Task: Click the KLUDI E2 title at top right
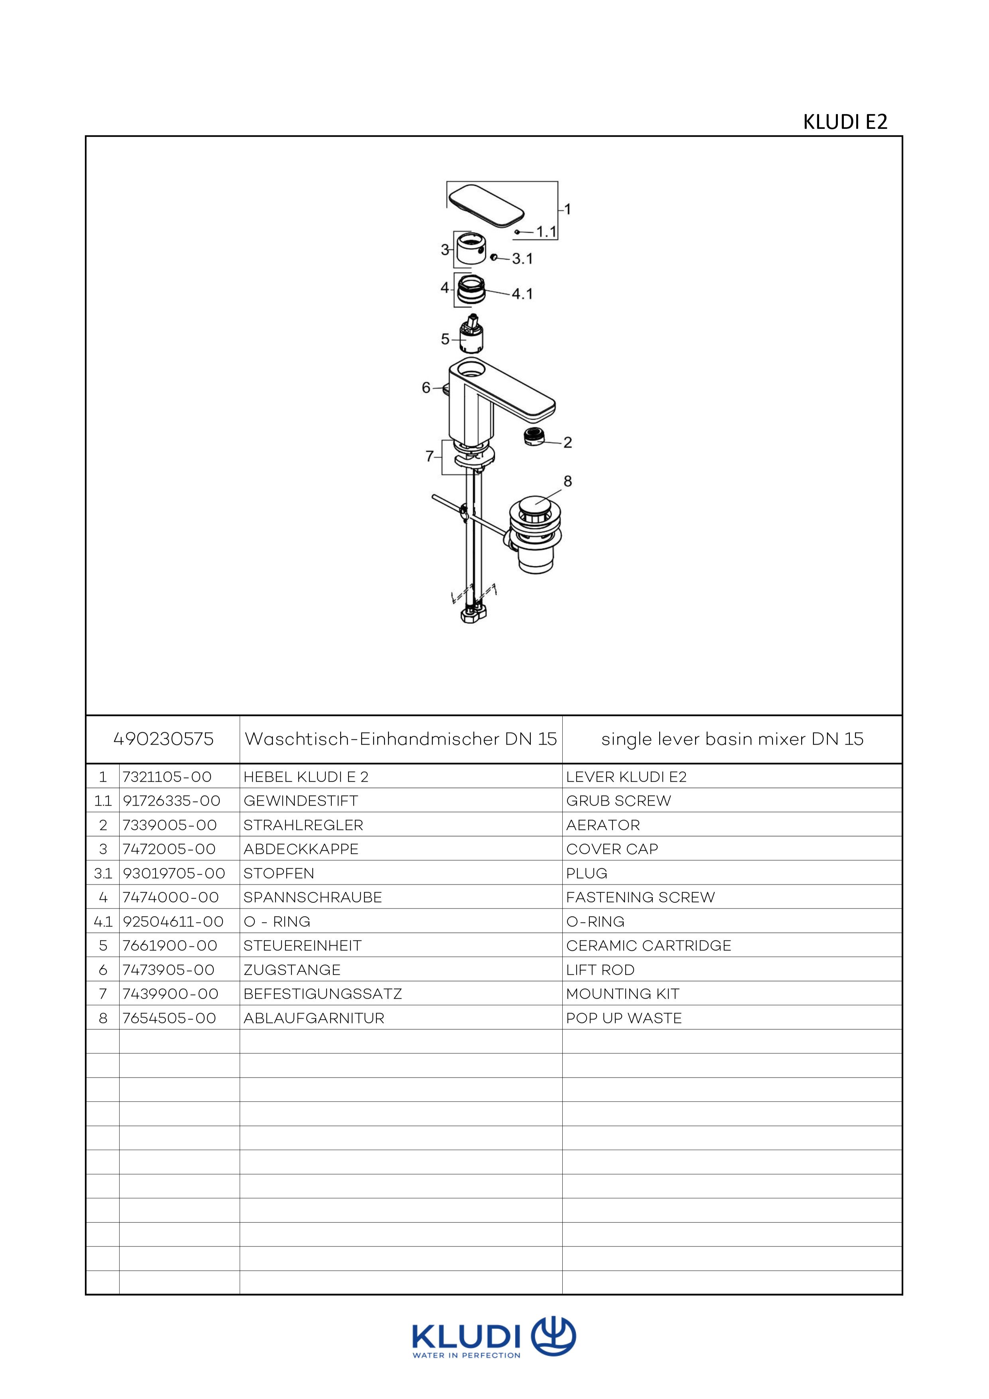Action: click(x=845, y=122)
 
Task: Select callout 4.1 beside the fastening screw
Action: click(x=522, y=294)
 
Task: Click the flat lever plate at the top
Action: click(x=486, y=204)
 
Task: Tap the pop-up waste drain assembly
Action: click(x=536, y=535)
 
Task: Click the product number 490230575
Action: click(x=164, y=739)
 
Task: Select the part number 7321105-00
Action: click(x=167, y=777)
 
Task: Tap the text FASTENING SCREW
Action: click(x=640, y=898)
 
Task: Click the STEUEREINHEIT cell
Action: click(x=302, y=946)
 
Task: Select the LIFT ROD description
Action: click(x=600, y=970)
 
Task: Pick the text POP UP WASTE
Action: click(x=623, y=1018)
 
